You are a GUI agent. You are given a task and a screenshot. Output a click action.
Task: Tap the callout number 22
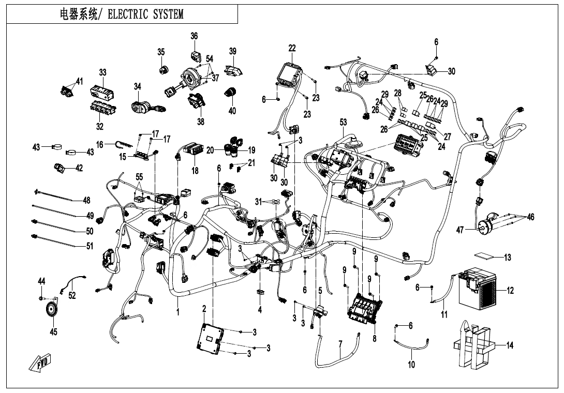coord(292,48)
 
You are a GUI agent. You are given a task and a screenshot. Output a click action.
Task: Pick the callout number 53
coord(343,122)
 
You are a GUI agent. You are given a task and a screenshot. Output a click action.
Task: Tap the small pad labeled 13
coord(485,256)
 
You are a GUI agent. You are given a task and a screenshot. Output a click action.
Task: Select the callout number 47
coord(460,230)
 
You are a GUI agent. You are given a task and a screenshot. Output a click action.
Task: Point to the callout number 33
coord(102,72)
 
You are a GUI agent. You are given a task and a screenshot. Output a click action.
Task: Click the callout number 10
coord(411,364)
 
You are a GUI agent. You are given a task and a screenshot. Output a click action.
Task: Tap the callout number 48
coord(86,200)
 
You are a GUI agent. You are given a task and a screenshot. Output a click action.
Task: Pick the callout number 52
coord(72,295)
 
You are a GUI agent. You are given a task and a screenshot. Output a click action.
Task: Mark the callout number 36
coord(194,36)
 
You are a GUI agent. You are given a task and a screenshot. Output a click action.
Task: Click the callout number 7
coord(340,344)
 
